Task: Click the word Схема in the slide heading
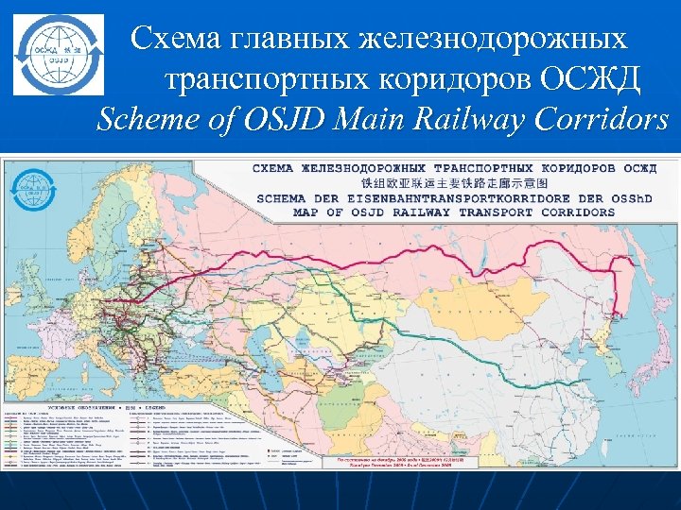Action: (x=176, y=39)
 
